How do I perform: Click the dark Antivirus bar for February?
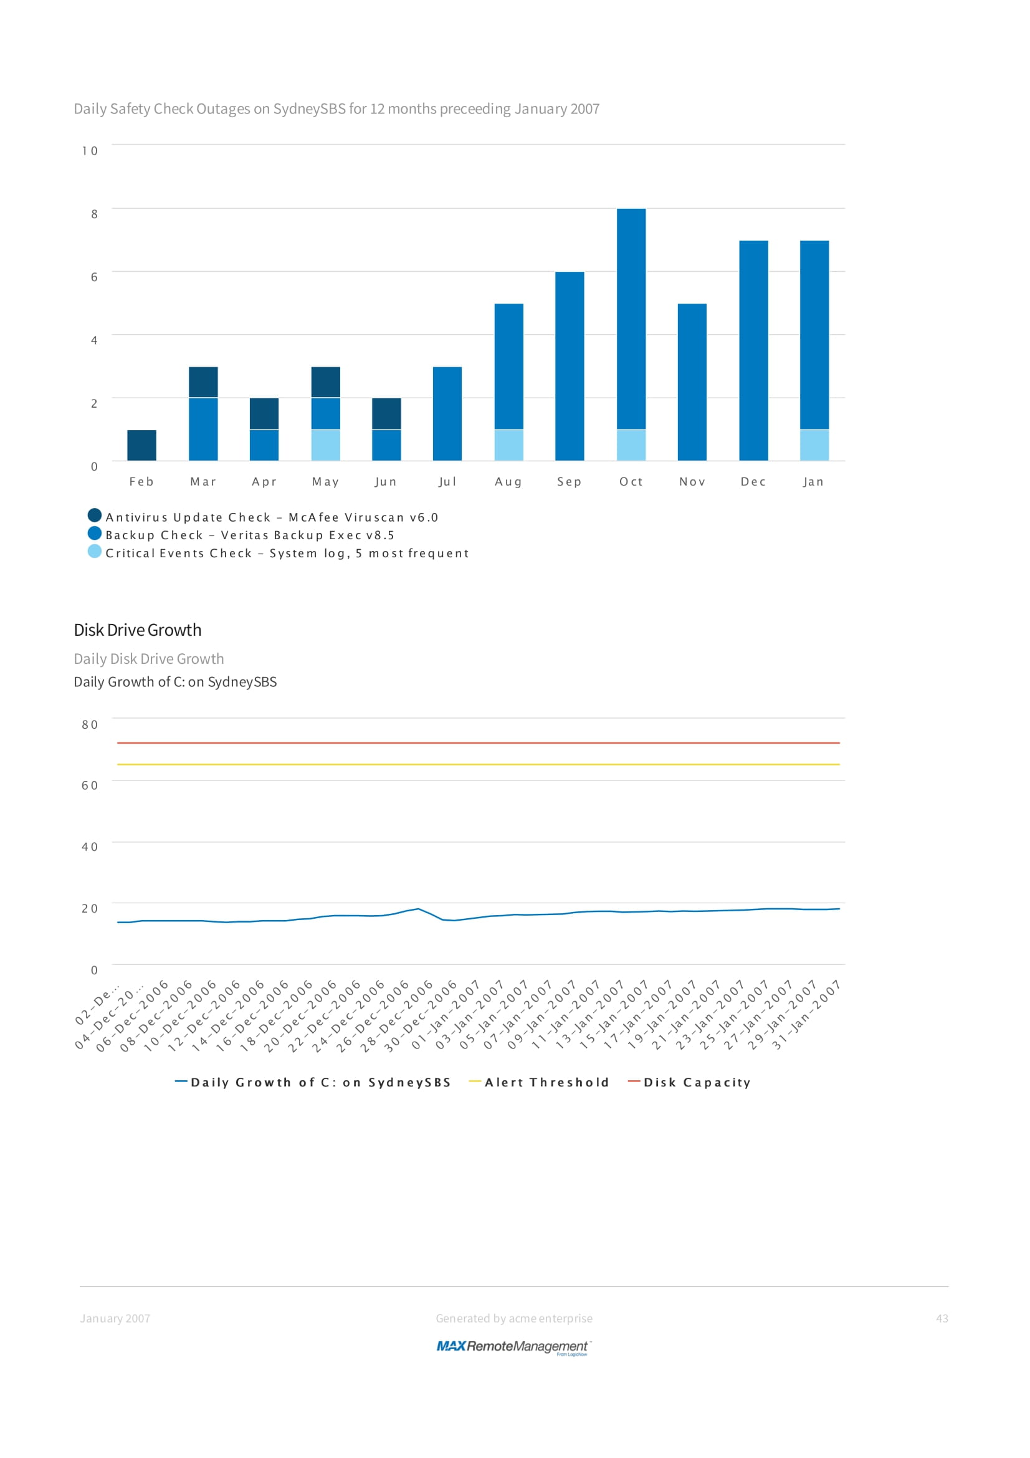[x=141, y=445]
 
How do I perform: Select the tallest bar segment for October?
[x=631, y=319]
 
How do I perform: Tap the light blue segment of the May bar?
[x=325, y=445]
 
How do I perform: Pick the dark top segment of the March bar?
[x=203, y=382]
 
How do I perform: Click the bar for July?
[x=447, y=413]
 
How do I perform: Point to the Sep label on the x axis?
[x=570, y=482]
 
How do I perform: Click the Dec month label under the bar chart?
[x=753, y=482]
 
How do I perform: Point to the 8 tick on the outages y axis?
[x=95, y=214]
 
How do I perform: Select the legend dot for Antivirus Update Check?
[x=95, y=515]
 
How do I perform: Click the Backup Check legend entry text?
[x=250, y=535]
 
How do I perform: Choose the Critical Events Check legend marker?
[x=95, y=551]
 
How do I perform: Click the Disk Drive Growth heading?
[x=138, y=630]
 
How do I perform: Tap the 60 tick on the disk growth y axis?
[x=90, y=785]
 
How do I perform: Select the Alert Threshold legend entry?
[x=546, y=1083]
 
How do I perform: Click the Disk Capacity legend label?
[x=697, y=1083]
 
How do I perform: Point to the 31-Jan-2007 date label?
[x=808, y=1015]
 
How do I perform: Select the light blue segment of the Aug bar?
[x=509, y=445]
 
